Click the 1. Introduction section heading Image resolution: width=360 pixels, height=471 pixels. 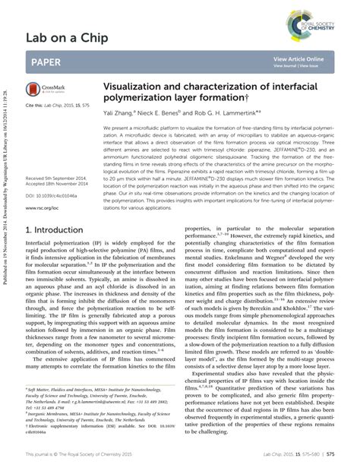coord(55,207)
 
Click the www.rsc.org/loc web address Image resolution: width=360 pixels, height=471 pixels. coord(42,185)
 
